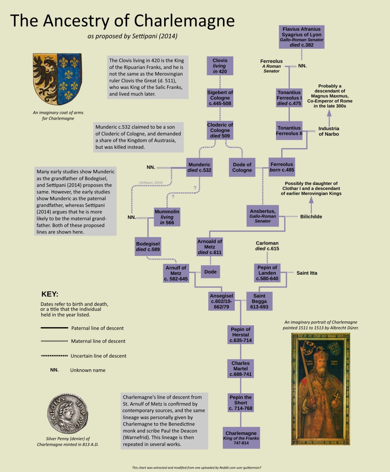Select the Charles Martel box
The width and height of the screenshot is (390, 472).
240,369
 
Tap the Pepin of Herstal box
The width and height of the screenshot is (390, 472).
240,335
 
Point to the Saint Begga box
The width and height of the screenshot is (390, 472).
259,301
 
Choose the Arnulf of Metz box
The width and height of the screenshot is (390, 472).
176,273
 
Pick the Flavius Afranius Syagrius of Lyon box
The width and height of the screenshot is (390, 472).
302,37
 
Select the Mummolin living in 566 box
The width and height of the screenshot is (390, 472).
167,217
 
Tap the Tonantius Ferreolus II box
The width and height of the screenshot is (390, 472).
289,131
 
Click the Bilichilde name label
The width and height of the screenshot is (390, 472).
311,216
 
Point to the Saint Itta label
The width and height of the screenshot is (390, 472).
307,273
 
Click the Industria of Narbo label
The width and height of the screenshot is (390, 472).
329,131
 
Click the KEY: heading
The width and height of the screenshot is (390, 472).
50,294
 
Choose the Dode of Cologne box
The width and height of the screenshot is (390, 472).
242,167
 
